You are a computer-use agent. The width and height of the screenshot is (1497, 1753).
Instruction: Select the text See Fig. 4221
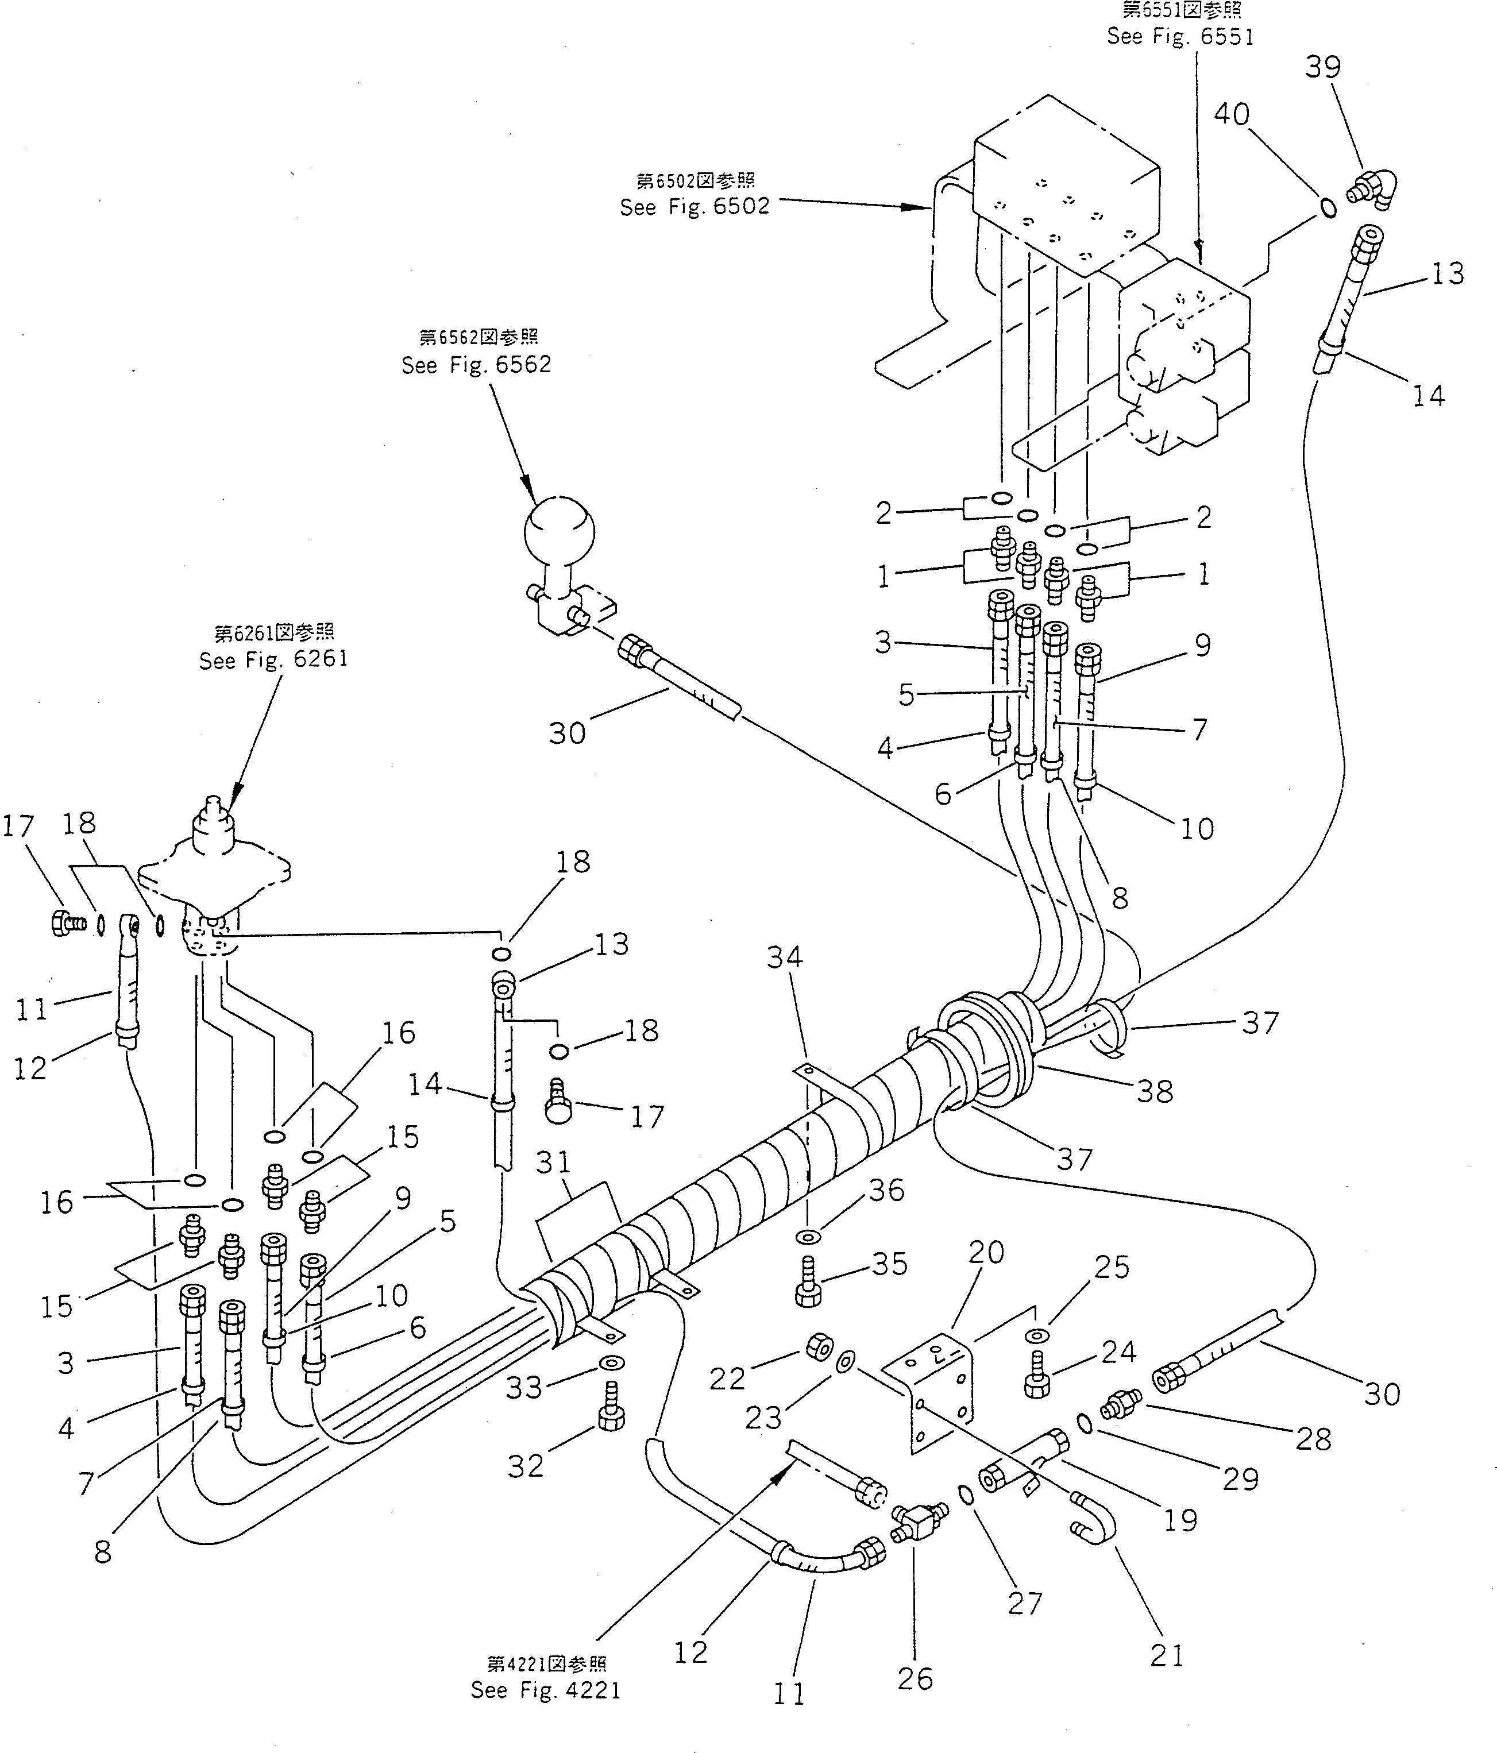click(x=546, y=1690)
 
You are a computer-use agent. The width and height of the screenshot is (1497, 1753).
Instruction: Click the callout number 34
click(x=785, y=957)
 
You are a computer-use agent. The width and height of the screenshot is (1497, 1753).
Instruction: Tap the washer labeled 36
click(x=809, y=1238)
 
